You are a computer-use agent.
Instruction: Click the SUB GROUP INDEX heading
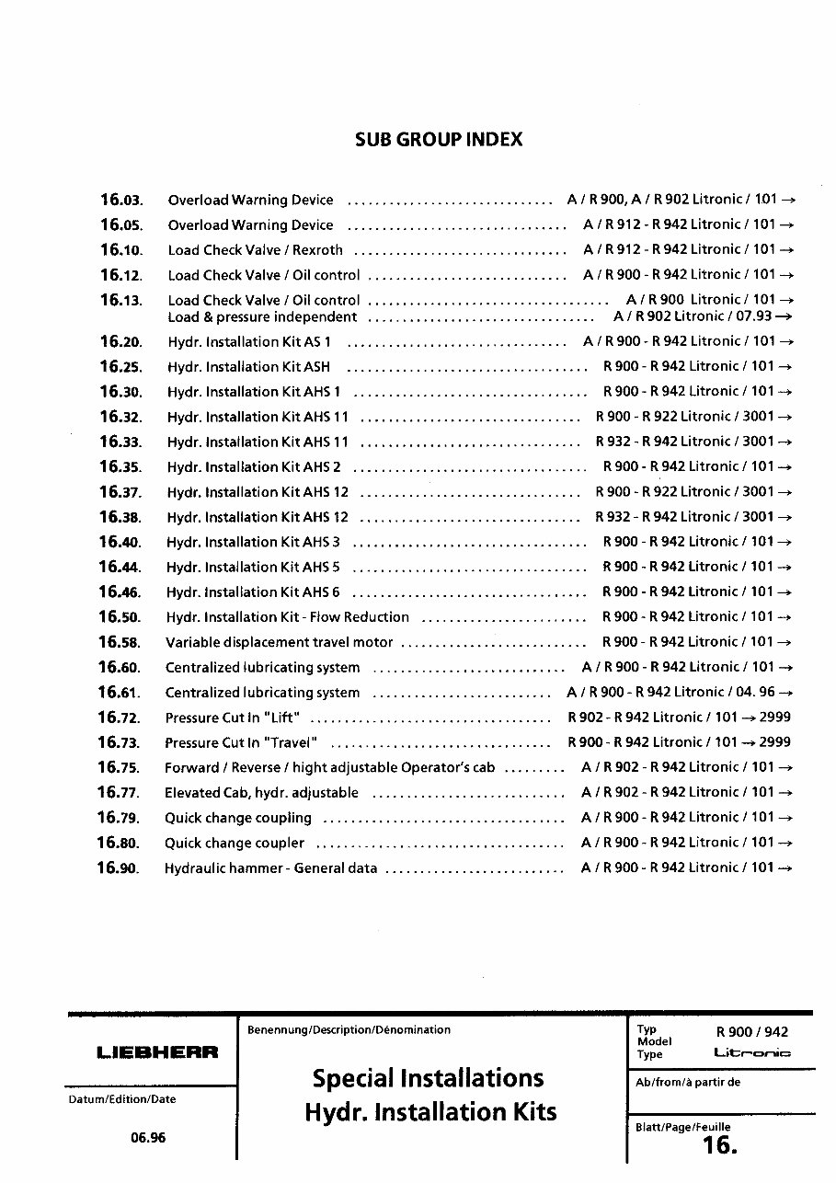[x=439, y=140]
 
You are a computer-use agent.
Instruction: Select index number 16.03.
[x=120, y=200]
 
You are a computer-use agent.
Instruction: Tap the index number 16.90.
[x=119, y=867]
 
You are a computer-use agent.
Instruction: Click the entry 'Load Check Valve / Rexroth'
[x=255, y=250]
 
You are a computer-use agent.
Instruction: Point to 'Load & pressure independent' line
[x=262, y=317]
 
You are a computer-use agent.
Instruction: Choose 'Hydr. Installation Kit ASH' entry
[x=248, y=367]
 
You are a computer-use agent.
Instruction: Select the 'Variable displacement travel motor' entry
[x=279, y=642]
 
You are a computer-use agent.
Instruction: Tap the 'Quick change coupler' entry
[x=235, y=843]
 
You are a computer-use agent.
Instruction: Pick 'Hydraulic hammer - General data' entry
[x=270, y=867]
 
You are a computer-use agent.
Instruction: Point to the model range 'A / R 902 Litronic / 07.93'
[x=695, y=316]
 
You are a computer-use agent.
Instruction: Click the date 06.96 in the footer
[x=148, y=1138]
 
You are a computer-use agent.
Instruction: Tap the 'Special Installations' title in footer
[x=428, y=1078]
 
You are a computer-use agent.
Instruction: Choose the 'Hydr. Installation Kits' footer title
[x=430, y=1112]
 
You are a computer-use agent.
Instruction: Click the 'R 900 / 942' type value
[x=751, y=1032]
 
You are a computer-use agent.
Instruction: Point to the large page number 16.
[x=719, y=1145]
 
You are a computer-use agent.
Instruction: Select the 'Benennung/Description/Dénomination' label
[x=349, y=1030]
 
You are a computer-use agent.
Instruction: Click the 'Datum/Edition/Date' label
[x=121, y=1099]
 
